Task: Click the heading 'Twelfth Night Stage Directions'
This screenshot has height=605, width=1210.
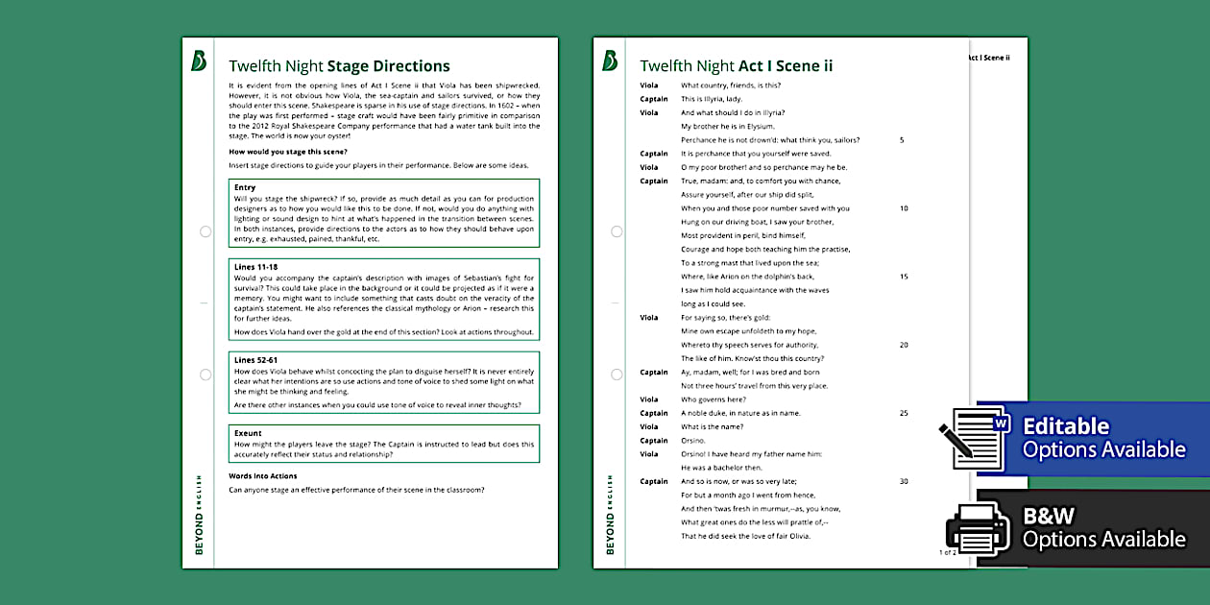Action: click(x=339, y=66)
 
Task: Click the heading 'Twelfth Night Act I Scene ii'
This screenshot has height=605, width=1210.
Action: click(x=737, y=66)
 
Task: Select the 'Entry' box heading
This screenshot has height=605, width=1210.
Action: click(x=245, y=187)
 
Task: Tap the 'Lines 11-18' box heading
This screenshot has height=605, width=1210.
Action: click(x=255, y=266)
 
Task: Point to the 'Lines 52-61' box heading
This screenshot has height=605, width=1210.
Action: click(x=255, y=360)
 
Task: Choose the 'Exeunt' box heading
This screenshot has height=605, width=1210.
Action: click(x=248, y=433)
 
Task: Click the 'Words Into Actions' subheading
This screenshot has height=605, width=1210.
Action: click(x=263, y=476)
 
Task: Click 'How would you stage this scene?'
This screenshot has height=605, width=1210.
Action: click(x=288, y=152)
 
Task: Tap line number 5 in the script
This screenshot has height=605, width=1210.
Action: click(x=902, y=140)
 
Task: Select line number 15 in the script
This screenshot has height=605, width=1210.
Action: click(x=904, y=277)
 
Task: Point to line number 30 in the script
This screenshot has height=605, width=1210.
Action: click(x=904, y=481)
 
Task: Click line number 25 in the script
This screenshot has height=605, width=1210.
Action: click(x=904, y=413)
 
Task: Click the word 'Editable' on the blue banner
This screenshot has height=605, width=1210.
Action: click(x=1066, y=426)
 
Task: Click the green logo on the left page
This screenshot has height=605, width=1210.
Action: click(x=199, y=61)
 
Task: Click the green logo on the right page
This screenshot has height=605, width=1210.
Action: click(x=610, y=61)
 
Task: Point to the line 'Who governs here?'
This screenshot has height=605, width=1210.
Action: click(x=713, y=399)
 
